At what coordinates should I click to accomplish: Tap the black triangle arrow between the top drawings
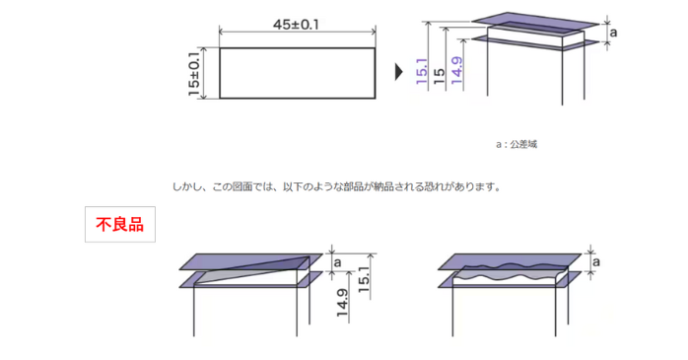pos(399,72)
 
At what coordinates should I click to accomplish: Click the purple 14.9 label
pos(455,73)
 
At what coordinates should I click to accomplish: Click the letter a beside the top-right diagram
pos(614,32)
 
